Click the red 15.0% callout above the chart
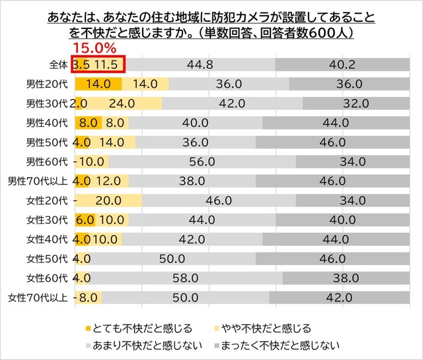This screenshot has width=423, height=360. pos(94,48)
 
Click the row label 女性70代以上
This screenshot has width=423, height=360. pos(37,297)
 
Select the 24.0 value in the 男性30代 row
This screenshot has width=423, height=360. pos(122,104)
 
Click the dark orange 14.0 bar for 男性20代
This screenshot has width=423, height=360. pos(98,84)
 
